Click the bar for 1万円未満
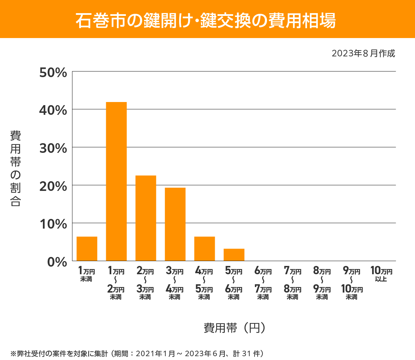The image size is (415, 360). tap(87, 249)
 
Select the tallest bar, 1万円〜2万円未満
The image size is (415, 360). tap(116, 182)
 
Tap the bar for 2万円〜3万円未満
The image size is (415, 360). tap(146, 218)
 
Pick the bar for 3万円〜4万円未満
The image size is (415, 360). tap(175, 224)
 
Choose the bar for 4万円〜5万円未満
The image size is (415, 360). tap(204, 249)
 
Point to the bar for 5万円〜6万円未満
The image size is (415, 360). tap(234, 255)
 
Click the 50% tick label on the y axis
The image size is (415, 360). tap(53, 73)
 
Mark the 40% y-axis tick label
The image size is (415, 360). tap(53, 110)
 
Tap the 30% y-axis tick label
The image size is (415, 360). tap(53, 148)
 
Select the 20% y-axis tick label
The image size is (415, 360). tap(53, 186)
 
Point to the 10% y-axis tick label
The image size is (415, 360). tap(53, 224)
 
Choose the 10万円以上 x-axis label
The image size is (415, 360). tap(381, 274)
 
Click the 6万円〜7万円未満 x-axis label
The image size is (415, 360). tap(263, 283)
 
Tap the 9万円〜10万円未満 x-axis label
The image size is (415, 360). tap(352, 283)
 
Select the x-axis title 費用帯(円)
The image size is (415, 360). tap(234, 327)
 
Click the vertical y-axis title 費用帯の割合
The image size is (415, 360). tap(16, 168)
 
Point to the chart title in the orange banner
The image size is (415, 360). tap(206, 20)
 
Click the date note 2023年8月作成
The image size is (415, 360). tap(363, 53)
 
